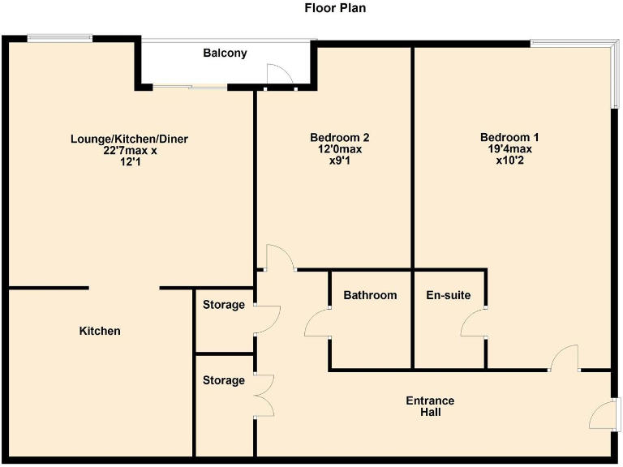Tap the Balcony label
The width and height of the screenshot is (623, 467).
(225, 54)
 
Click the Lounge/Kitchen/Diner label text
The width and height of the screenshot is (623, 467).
(129, 139)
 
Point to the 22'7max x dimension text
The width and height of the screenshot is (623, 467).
(129, 151)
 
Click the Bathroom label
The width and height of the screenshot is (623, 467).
(370, 295)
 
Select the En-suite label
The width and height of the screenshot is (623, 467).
(448, 295)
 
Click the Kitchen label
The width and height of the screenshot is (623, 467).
(100, 331)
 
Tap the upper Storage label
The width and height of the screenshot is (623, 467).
(223, 305)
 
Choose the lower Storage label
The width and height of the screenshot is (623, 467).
(223, 380)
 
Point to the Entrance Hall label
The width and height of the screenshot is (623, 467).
(431, 406)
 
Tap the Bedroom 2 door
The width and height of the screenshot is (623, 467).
(281, 257)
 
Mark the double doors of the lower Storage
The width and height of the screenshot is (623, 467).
(264, 396)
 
